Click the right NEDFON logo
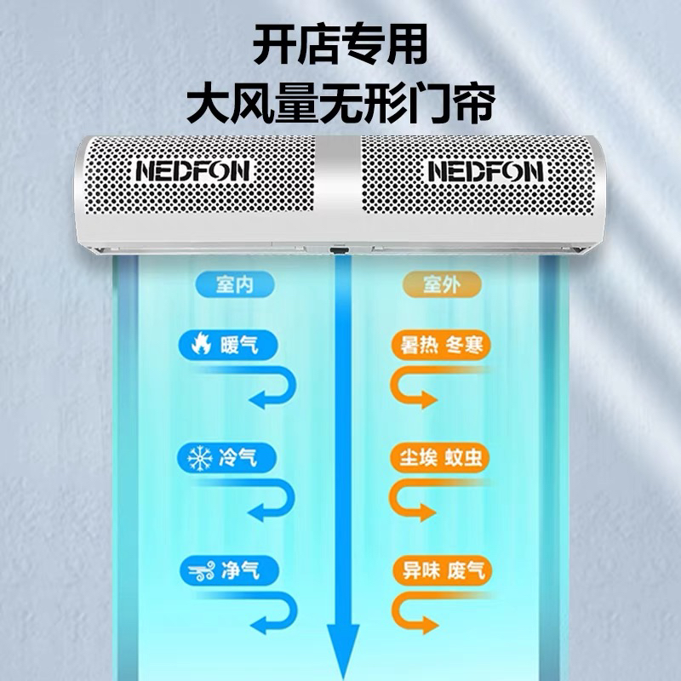point(484,171)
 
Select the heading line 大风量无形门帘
point(340,107)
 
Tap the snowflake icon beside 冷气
point(199,459)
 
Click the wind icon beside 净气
point(199,570)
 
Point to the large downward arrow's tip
point(341,668)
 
